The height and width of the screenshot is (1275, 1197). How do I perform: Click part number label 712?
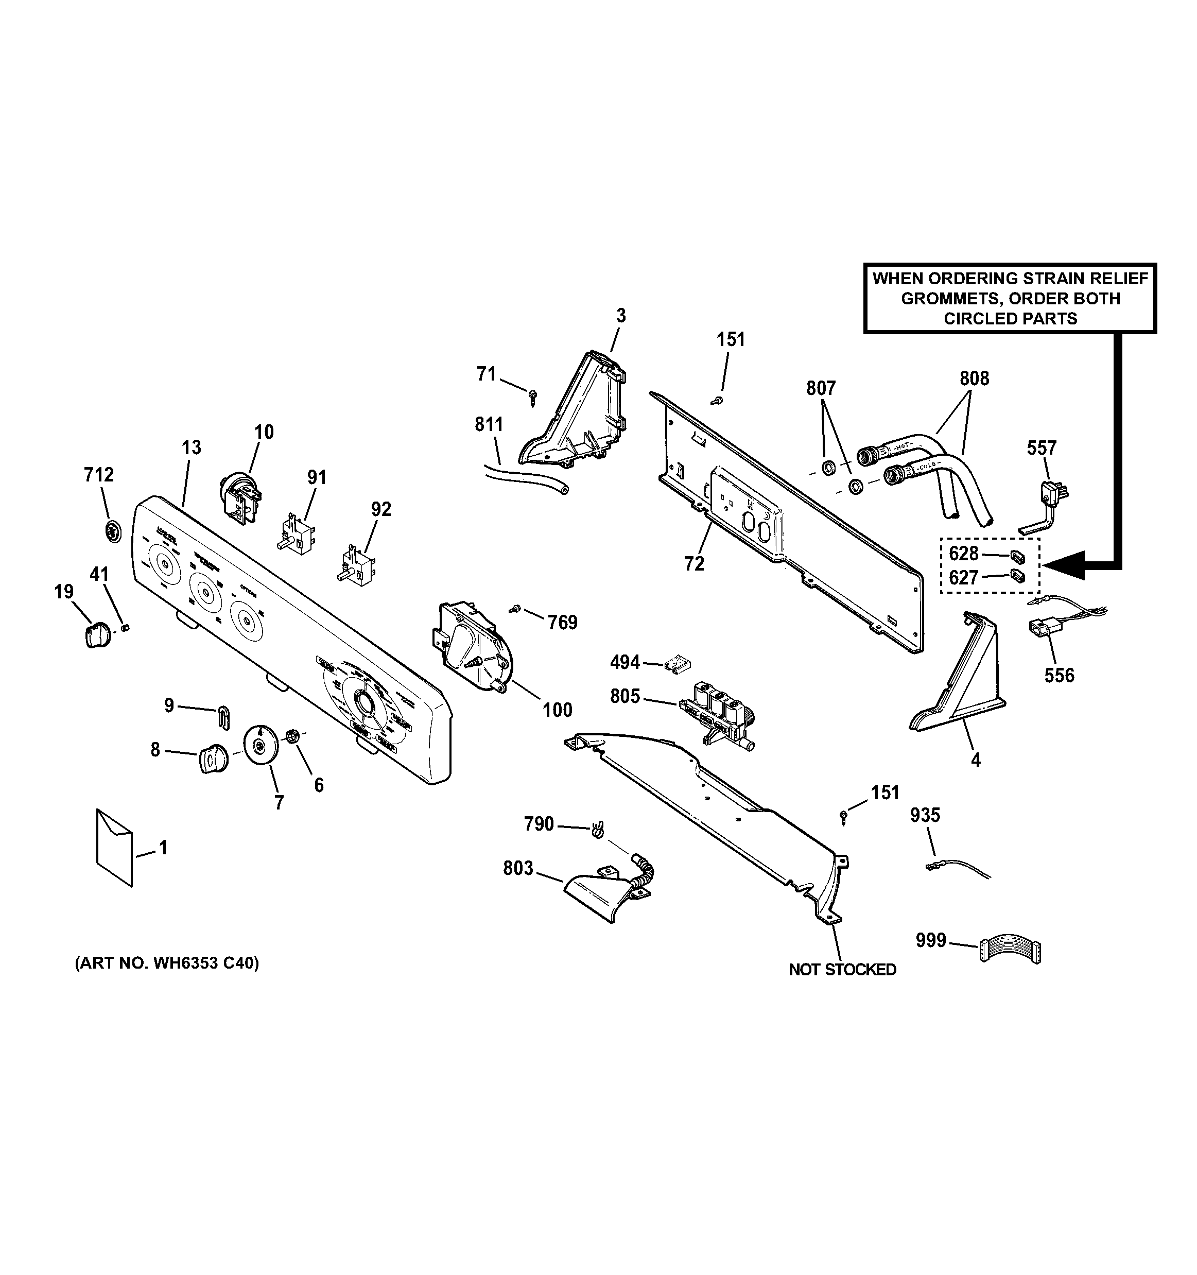point(99,475)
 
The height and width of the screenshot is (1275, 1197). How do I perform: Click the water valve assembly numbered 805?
point(717,713)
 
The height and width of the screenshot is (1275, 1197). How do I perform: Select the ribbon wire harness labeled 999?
point(1010,950)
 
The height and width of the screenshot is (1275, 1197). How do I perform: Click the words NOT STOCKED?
point(842,970)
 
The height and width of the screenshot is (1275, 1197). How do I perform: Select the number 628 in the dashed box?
point(964,554)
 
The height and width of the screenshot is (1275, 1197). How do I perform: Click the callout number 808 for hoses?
point(974,378)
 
